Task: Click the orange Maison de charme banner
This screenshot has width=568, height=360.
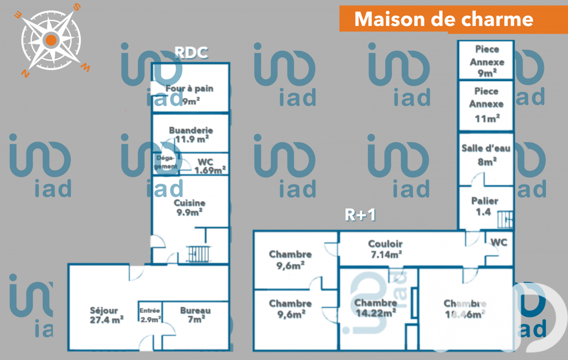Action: point(444,19)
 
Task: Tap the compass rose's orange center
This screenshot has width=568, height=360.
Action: point(50,39)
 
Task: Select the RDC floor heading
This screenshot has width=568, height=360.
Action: point(191,53)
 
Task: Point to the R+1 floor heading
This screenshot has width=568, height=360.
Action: point(360,215)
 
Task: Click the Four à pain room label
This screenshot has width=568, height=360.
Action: point(190,94)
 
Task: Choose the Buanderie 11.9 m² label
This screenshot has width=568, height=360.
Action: point(191,135)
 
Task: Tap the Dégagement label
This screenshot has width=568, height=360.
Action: point(166,162)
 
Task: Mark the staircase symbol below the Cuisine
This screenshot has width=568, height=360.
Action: point(198,254)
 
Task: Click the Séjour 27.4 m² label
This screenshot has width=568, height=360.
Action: point(106,315)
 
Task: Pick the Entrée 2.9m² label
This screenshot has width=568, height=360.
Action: point(150,315)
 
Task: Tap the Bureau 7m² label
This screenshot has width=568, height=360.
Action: point(195,315)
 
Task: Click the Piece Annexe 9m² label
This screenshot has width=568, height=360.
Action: point(487,61)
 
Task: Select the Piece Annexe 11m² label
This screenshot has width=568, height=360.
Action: point(486,104)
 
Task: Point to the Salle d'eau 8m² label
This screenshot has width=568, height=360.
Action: point(487,155)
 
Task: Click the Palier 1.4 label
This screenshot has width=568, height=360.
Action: point(484,206)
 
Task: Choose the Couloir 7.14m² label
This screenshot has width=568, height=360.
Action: point(385,249)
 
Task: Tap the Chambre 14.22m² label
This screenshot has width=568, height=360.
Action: point(375,307)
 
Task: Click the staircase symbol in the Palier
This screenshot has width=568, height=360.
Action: point(505,220)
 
